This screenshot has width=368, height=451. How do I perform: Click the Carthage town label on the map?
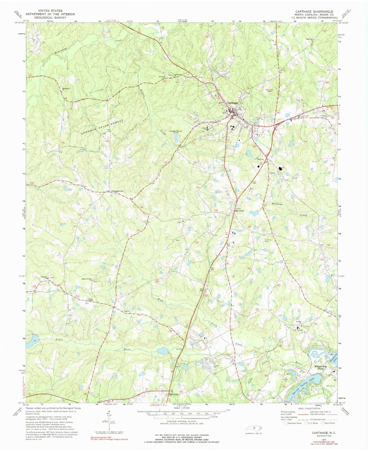232,103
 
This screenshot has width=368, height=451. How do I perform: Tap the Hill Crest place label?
239,211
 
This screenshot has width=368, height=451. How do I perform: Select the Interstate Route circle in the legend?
286,423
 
